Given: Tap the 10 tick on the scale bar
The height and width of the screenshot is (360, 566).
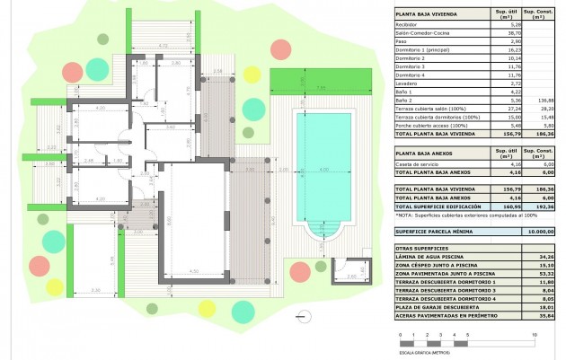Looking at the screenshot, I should coord(535,335).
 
